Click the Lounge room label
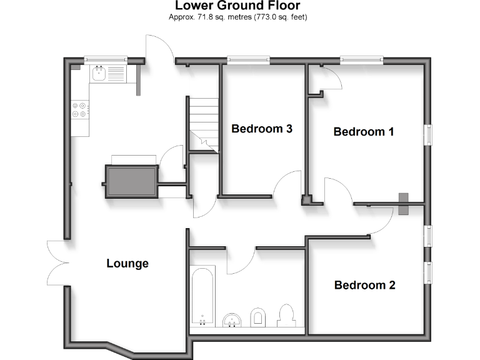click(127, 263)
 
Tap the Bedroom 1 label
click(364, 132)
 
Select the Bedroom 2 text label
click(364, 286)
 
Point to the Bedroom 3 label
click(262, 129)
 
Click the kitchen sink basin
click(99, 74)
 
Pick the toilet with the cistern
click(287, 316)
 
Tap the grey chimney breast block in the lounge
click(131, 181)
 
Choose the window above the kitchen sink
click(106, 60)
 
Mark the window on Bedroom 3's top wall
click(248, 60)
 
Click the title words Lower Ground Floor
click(237, 6)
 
